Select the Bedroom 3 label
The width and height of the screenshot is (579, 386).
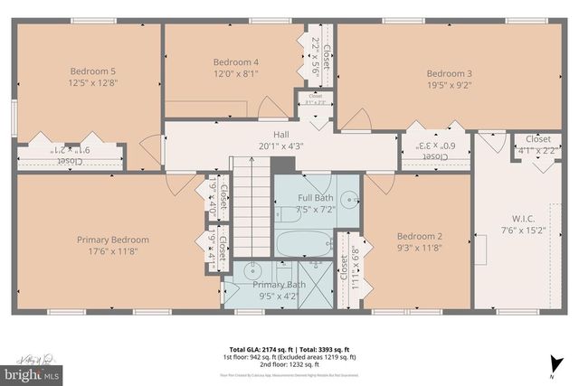[449, 73]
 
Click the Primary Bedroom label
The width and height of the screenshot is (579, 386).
[113, 240]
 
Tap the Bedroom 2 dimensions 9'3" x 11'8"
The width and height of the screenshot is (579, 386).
[419, 247]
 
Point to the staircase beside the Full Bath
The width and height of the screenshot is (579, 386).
[251, 208]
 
